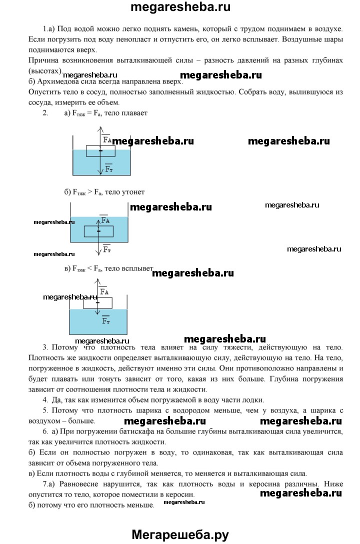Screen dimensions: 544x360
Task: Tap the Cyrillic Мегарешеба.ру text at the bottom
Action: pos(180,534)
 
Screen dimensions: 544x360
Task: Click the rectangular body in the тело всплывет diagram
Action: pos(97,302)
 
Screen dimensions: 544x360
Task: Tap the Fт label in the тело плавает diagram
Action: pos(109,169)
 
